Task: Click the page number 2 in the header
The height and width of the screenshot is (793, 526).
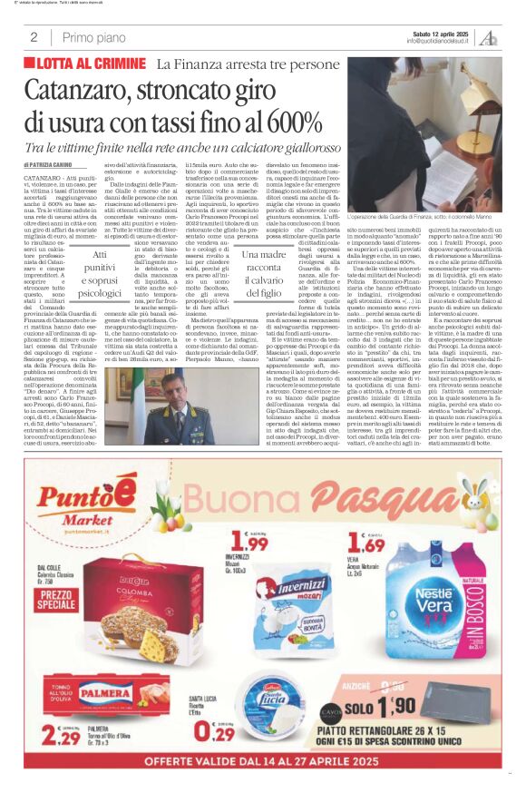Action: tap(34, 37)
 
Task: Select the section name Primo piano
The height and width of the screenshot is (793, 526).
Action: tap(93, 37)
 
